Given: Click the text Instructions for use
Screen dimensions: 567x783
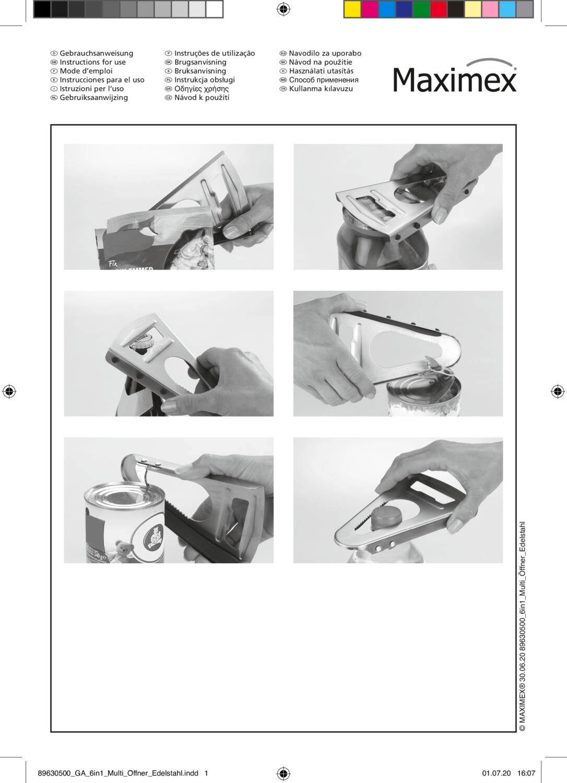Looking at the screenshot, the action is (x=92, y=62).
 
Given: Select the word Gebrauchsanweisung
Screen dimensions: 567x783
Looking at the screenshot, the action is (x=97, y=53).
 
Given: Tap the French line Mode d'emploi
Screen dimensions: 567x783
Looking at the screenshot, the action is (x=86, y=71).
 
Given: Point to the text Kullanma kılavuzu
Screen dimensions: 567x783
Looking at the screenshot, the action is (x=321, y=89).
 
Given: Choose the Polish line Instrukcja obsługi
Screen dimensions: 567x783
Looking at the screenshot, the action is (x=205, y=80).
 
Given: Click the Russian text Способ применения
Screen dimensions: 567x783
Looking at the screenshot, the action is (x=324, y=80).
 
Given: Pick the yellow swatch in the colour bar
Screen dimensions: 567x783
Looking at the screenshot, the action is (x=352, y=9).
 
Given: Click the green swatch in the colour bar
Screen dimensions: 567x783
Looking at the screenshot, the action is (x=421, y=9).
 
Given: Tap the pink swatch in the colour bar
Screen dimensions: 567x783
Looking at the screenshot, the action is (x=490, y=9).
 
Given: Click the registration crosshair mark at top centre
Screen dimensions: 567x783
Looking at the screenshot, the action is (x=284, y=9).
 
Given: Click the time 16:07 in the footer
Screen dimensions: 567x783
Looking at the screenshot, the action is (x=526, y=773).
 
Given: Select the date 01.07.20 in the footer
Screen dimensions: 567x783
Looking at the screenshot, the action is (x=497, y=773).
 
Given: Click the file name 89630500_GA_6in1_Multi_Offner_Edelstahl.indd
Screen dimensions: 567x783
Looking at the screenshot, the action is (x=118, y=773).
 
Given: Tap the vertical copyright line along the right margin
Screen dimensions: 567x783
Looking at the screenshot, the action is (x=522, y=626).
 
